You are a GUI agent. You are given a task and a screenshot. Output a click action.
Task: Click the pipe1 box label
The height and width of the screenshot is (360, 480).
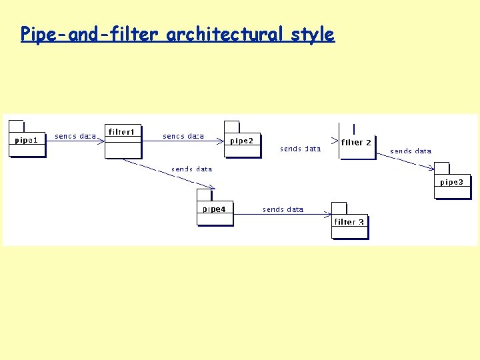click(x=27, y=140)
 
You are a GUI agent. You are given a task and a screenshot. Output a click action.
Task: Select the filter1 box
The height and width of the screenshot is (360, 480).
click(x=123, y=141)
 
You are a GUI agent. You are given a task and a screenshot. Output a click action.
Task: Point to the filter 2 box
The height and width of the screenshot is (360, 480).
click(x=357, y=143)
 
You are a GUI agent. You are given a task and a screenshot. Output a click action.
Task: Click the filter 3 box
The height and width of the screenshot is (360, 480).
click(x=350, y=223)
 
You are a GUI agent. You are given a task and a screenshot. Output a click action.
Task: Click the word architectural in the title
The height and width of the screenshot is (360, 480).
click(x=226, y=34)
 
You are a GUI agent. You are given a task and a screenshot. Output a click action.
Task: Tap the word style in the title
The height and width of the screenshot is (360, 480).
click(x=313, y=34)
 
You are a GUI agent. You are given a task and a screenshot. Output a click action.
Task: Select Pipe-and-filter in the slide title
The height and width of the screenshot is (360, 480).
click(x=91, y=34)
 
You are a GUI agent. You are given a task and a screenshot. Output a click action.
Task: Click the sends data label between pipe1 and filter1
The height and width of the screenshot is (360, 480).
click(x=75, y=136)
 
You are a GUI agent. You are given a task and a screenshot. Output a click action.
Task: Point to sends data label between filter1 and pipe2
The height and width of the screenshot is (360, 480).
click(x=183, y=136)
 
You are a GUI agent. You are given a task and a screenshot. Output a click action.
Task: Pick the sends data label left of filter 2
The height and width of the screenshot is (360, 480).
click(x=301, y=149)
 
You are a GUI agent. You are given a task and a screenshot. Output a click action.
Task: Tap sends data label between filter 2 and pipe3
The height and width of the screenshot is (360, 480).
click(x=411, y=151)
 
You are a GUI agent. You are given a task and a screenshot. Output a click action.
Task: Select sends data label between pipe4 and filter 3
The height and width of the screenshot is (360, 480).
click(x=283, y=209)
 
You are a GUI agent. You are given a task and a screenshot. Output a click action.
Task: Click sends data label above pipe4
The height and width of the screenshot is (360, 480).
click(x=192, y=169)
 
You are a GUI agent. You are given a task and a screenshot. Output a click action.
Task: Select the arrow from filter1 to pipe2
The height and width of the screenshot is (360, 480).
click(x=183, y=141)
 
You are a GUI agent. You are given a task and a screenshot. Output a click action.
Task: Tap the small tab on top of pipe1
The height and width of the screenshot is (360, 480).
click(x=17, y=125)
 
